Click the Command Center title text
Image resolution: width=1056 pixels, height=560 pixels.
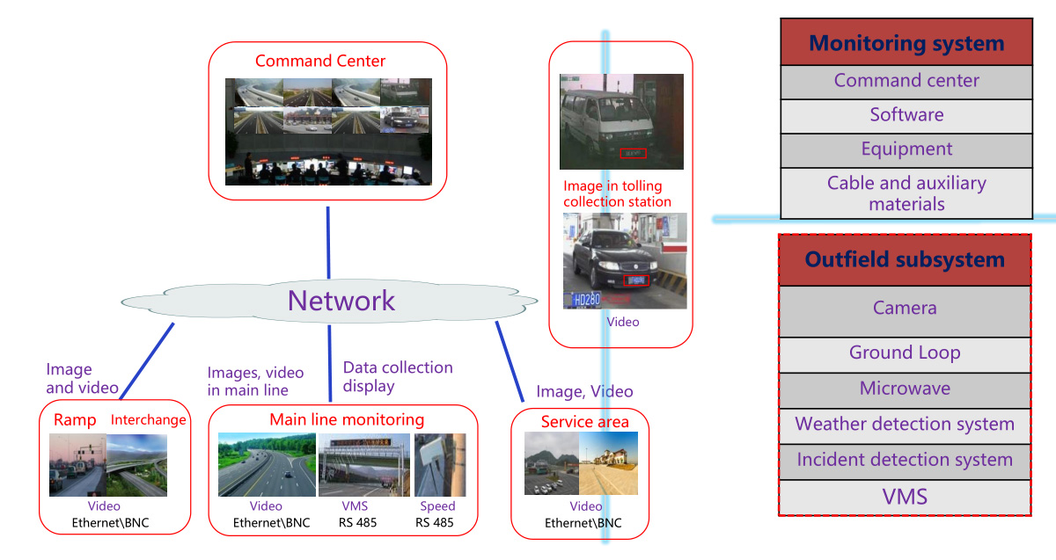click(x=320, y=62)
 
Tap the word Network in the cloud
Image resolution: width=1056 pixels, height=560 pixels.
click(x=341, y=301)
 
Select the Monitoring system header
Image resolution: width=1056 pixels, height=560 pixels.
click(x=906, y=43)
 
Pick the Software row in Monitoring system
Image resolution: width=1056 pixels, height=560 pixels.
click(x=906, y=115)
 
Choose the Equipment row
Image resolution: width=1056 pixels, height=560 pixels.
click(x=906, y=149)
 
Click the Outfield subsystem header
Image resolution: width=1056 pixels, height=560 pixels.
click(x=905, y=260)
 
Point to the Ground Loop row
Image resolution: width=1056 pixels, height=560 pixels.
click(x=905, y=353)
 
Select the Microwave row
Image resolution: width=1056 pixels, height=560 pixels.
click(x=905, y=389)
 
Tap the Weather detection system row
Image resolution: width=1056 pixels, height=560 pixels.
click(x=905, y=425)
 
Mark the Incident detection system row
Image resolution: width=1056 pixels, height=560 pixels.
click(x=905, y=460)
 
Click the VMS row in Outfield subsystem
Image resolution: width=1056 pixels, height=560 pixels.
click(x=905, y=497)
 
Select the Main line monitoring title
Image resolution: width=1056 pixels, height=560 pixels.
click(x=347, y=420)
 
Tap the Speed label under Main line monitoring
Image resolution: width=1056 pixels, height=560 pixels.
click(x=437, y=506)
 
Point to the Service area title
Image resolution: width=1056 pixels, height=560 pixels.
click(x=585, y=422)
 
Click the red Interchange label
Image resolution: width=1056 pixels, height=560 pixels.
click(x=149, y=420)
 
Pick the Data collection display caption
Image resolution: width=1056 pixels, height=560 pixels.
click(x=398, y=376)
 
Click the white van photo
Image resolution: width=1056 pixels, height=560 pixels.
click(x=621, y=121)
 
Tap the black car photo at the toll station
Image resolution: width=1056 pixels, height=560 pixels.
click(x=625, y=261)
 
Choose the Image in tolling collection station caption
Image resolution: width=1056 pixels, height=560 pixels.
click(x=617, y=194)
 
